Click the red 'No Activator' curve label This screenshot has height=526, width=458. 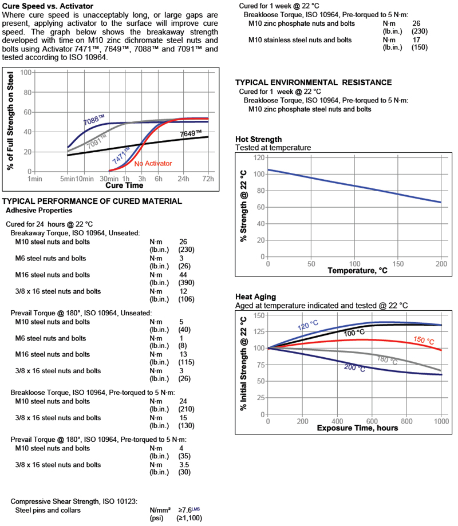pos(153,164)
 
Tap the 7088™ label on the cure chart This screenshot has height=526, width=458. pos(94,121)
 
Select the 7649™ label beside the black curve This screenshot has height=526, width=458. pos(191,133)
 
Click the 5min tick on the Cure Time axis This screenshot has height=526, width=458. pos(68,179)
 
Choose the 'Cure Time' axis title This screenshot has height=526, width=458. pos(124,185)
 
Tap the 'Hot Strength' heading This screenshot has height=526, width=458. pos(258,139)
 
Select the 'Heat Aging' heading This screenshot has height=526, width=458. pos(255,296)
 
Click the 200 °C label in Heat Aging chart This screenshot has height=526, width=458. pos(354,369)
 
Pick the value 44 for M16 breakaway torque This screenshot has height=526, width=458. pos(184,275)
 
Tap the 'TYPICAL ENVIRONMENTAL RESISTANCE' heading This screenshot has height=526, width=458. pos(314,82)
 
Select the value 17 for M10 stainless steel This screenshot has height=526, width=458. pos(417,40)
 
